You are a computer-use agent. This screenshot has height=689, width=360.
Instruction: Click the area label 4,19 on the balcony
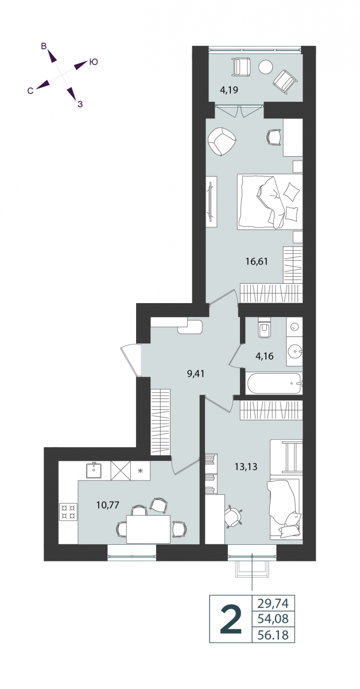point(229,90)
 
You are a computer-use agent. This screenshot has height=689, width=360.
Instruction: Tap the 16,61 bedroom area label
point(257,261)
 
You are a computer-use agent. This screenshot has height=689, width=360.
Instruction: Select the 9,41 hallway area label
point(196,374)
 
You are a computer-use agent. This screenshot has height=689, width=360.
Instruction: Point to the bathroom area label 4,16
point(264,356)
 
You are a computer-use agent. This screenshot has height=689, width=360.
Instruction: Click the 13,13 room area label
point(246,467)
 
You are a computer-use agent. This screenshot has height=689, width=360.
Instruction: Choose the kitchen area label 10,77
point(108,505)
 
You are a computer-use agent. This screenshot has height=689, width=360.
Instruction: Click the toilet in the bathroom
point(265,328)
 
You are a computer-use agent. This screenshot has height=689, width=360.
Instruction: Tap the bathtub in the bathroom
point(273,384)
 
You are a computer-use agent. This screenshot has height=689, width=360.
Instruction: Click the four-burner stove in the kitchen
point(68,512)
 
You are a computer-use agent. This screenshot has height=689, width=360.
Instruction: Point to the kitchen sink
point(94,470)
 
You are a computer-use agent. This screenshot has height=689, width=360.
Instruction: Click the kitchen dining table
point(148,529)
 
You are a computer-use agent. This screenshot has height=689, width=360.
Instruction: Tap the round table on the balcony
point(265,67)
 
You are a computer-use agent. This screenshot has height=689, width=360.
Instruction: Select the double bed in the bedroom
point(270,202)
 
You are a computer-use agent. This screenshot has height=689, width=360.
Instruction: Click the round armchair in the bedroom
point(222,141)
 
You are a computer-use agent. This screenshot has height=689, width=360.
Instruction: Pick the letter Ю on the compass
point(94,62)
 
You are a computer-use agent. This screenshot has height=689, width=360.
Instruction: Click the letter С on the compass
point(30,91)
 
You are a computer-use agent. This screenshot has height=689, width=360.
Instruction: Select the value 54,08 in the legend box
point(273,618)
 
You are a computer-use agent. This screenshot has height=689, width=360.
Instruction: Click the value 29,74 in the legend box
point(273,603)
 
